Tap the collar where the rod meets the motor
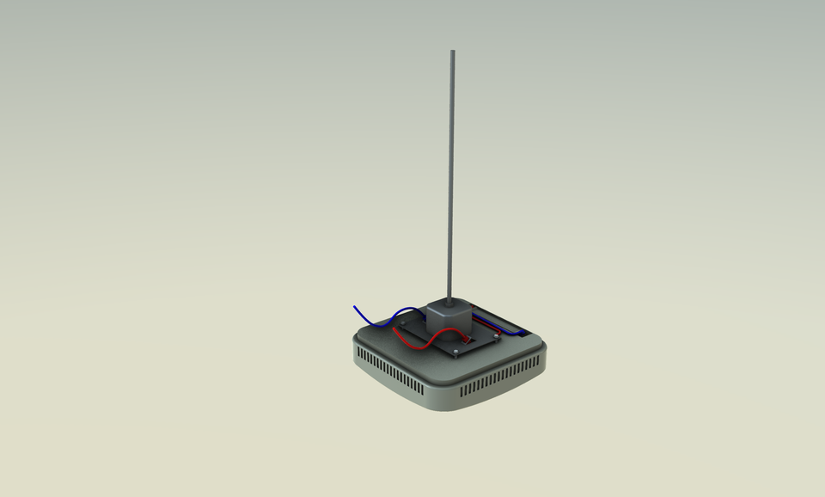pos(449,300)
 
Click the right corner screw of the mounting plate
pos(497,336)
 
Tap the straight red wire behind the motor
pos(490,323)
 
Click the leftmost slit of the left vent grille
pos(358,353)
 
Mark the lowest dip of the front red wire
pos(413,347)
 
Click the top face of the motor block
pos(449,305)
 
